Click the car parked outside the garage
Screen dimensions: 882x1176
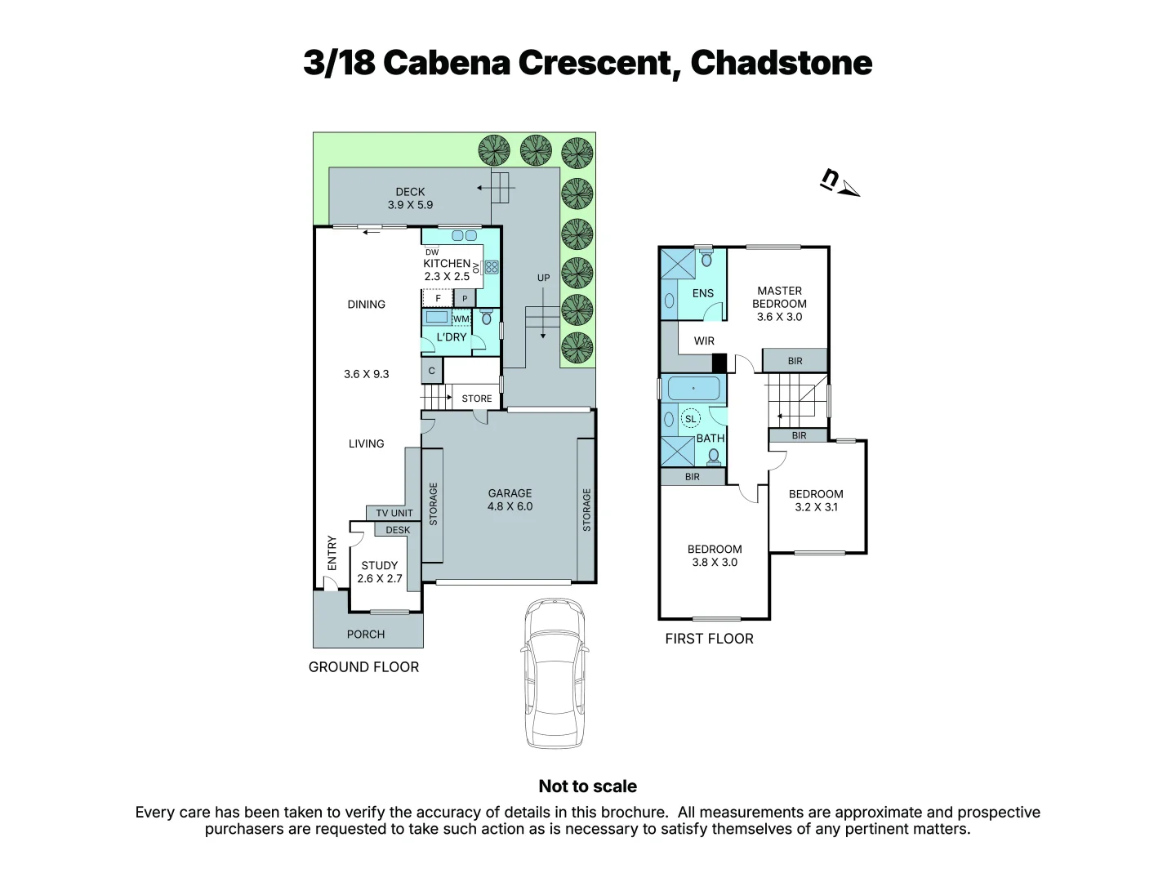click(555, 673)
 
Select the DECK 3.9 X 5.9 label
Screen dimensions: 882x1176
click(410, 198)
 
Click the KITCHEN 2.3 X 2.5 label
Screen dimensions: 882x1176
click(447, 269)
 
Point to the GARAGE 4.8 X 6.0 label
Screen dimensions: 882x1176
click(510, 500)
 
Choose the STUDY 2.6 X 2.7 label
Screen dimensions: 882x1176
click(380, 572)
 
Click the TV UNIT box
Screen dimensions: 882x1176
click(394, 513)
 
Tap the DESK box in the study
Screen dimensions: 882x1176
click(398, 530)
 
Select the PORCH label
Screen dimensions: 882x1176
click(366, 635)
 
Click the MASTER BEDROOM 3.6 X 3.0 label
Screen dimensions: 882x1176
click(779, 303)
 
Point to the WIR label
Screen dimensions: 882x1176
click(704, 341)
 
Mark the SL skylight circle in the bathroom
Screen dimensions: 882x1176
click(691, 419)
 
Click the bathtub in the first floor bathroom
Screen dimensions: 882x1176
click(693, 389)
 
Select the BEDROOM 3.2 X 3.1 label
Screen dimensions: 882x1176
click(816, 501)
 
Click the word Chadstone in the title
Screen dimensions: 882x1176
click(781, 63)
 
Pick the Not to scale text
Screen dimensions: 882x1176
click(587, 786)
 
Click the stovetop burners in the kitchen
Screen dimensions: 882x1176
click(491, 267)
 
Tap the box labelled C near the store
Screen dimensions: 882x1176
click(432, 371)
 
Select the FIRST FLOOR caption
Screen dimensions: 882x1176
click(709, 639)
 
